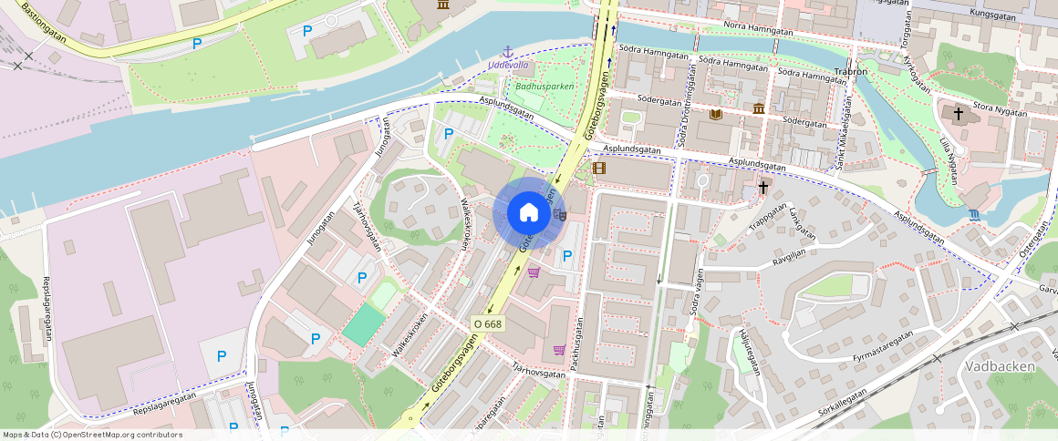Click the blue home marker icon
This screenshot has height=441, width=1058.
click(528, 213)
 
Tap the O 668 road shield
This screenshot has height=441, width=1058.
click(488, 324)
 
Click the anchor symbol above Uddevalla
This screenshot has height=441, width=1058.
click(508, 52)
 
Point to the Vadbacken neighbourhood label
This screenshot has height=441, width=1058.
click(1000, 366)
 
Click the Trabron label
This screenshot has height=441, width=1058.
click(849, 71)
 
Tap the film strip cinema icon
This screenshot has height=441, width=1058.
click(598, 168)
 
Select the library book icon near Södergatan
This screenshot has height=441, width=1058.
click(716, 114)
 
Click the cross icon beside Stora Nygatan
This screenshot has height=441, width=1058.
click(958, 114)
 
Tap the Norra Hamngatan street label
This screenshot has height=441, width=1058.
click(757, 28)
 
